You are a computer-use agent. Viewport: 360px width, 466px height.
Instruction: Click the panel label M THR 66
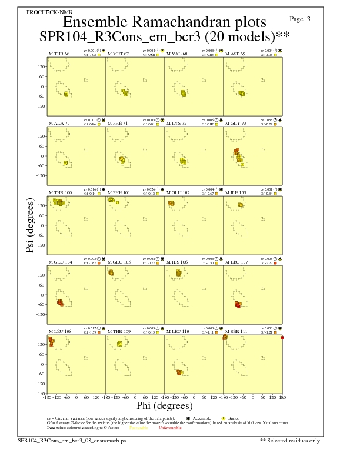(59, 54)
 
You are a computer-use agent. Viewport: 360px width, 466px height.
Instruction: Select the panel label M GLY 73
(236, 124)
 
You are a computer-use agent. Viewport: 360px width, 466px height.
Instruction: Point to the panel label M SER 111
(236, 332)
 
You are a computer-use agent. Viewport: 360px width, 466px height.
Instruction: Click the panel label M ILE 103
(236, 193)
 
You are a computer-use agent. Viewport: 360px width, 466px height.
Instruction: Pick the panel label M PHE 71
(118, 124)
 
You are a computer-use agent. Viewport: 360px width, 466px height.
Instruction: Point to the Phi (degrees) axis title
(164, 406)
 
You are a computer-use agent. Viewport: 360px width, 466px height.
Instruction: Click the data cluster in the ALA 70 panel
(65, 162)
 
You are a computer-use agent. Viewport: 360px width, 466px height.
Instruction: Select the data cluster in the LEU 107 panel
(238, 304)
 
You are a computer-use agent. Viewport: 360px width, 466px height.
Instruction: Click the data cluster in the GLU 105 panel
(111, 272)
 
